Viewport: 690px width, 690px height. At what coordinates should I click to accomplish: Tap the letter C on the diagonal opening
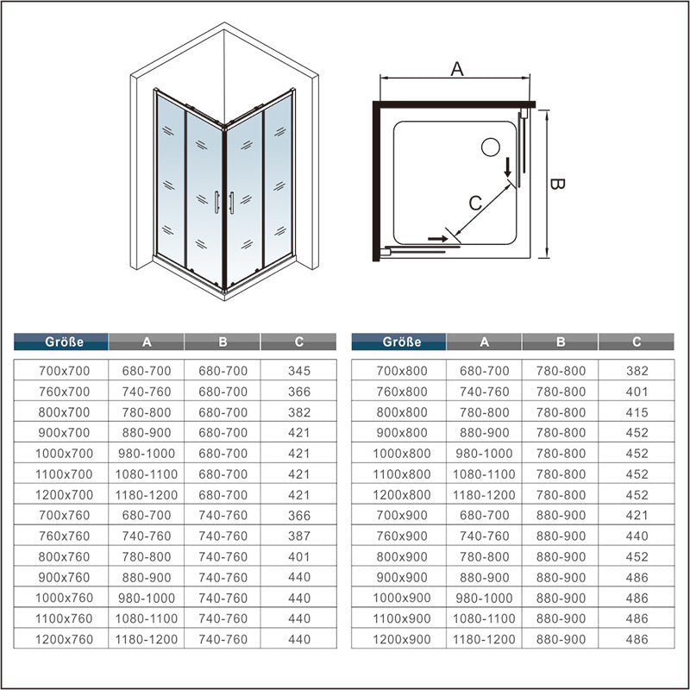click(x=474, y=204)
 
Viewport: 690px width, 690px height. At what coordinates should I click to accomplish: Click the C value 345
click(x=298, y=371)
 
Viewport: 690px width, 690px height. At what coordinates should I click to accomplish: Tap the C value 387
click(x=298, y=536)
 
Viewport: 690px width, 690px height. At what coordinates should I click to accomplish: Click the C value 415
click(x=636, y=412)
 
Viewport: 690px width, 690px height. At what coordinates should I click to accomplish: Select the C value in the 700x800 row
click(x=636, y=371)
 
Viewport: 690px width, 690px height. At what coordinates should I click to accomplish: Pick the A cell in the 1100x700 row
click(x=147, y=474)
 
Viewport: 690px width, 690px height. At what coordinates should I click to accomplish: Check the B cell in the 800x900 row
click(x=561, y=557)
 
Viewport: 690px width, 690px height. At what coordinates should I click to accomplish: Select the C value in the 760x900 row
click(x=636, y=536)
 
